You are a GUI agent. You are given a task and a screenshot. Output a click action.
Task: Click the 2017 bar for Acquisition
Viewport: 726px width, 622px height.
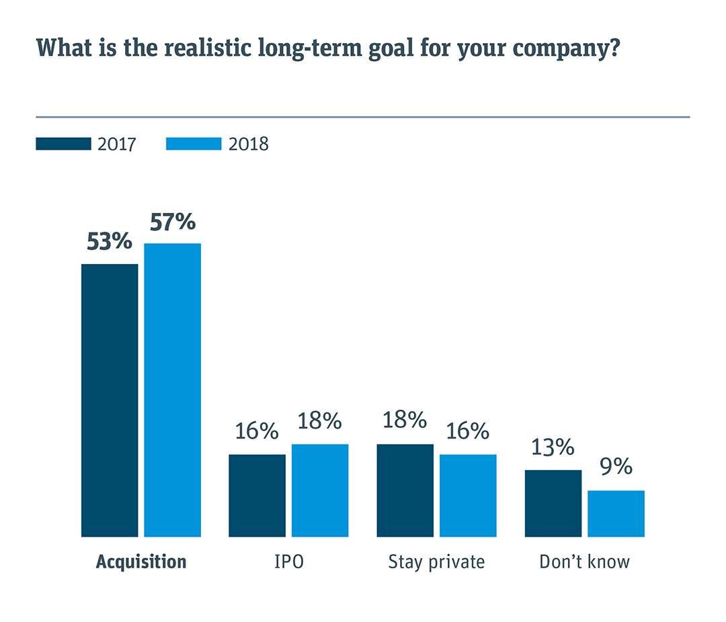pos(110,400)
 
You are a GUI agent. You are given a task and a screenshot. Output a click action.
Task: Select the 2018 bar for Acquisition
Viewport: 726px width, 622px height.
pos(172,390)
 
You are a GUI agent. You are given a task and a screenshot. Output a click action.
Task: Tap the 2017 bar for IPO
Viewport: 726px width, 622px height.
pos(257,496)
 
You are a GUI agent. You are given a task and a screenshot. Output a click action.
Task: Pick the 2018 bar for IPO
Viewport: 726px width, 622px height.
pos(320,490)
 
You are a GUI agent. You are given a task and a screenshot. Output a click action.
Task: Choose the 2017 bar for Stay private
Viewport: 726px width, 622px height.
pos(405,490)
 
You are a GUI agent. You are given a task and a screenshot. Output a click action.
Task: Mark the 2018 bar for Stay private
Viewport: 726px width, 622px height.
pos(468,496)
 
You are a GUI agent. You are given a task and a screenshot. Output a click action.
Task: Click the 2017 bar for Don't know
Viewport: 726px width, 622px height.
pos(553,503)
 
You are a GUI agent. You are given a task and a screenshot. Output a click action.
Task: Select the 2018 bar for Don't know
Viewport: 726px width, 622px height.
pos(616,514)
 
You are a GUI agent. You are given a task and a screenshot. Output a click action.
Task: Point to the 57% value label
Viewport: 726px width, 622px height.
pos(172,222)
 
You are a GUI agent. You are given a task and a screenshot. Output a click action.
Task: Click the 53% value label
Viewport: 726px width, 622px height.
pos(110,242)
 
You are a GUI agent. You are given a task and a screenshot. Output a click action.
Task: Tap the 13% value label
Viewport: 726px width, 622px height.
pos(553,447)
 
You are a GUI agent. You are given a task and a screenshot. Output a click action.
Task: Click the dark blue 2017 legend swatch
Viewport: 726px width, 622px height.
pos(63,144)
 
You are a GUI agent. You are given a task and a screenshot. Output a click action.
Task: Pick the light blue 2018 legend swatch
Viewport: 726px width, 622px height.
pos(193,144)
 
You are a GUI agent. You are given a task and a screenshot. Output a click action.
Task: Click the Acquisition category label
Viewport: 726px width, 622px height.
pos(141,562)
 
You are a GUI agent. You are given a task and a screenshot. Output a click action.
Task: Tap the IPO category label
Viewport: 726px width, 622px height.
pos(288,562)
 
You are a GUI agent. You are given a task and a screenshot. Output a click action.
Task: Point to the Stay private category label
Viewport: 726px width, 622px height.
pos(436,562)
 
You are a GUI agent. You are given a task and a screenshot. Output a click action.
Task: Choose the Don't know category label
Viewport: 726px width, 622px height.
pos(584,562)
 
